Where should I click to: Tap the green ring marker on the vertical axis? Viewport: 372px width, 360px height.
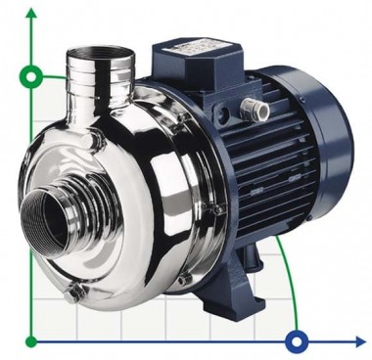[31, 75]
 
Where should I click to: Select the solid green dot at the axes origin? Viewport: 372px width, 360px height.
[31, 341]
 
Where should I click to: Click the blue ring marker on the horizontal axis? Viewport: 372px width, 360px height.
[296, 341]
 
